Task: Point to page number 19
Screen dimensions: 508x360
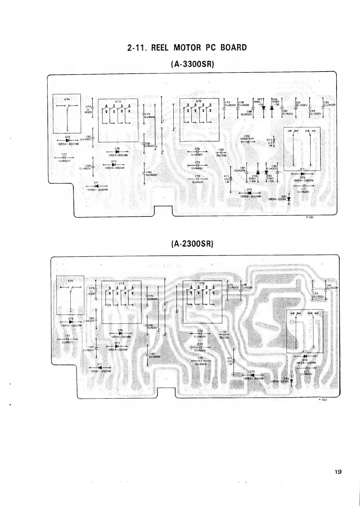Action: (338, 472)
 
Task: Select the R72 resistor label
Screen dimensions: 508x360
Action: (269, 140)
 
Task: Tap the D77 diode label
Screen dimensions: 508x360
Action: (259, 99)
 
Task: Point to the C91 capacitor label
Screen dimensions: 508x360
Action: (299, 103)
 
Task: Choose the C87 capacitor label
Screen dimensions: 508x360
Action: (242, 168)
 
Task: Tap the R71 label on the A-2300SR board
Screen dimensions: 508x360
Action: (229, 359)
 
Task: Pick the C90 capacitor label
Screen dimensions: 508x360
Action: (285, 111)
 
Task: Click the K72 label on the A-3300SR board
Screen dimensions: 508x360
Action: (199, 101)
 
